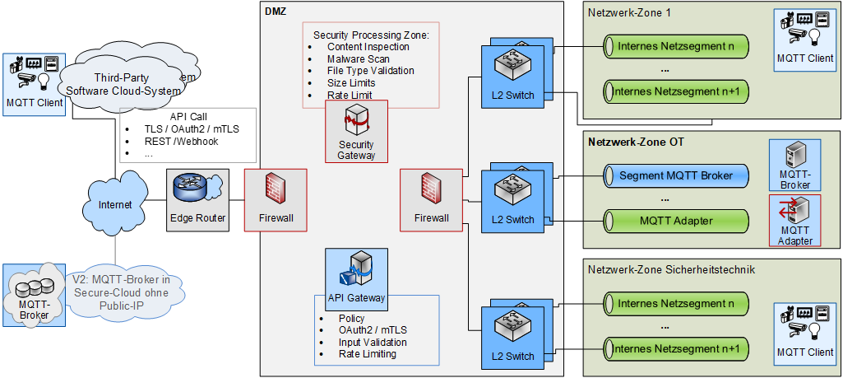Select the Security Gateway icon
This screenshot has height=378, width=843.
pos(356,121)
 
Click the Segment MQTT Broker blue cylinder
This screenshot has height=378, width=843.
pos(676,175)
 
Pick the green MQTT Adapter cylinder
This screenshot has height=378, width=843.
pos(676,221)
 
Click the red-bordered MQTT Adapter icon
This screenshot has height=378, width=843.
pos(794,219)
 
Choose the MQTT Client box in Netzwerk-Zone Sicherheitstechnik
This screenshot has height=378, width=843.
pos(805,334)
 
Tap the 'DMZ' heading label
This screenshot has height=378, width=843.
pos(275,10)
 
